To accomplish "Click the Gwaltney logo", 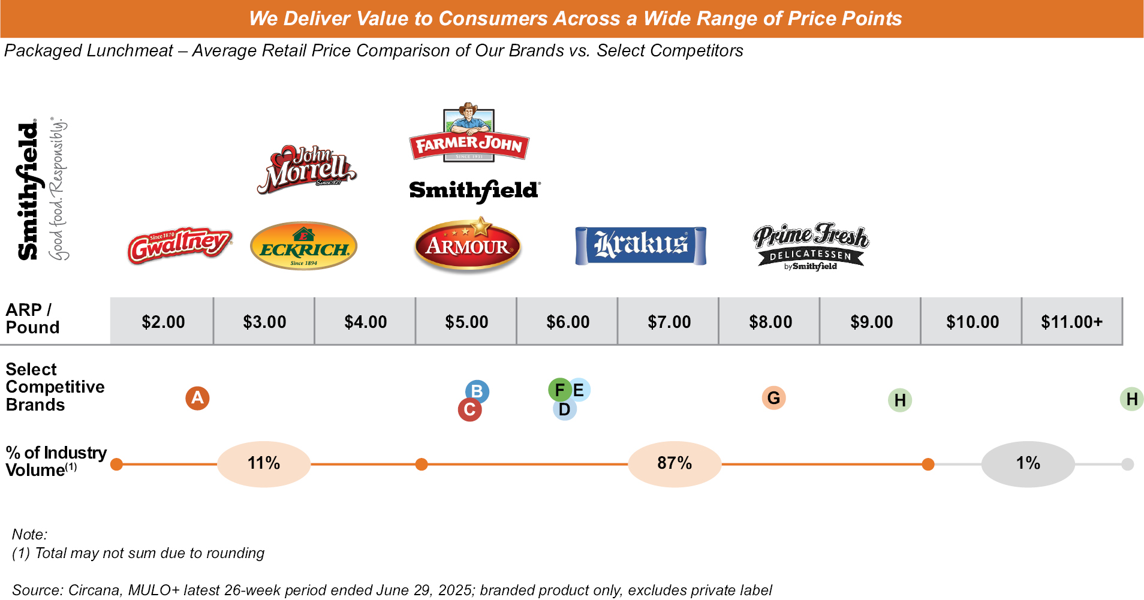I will click(179, 245).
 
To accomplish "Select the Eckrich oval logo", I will click(303, 246).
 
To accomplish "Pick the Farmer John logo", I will click(469, 134).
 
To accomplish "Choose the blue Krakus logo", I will click(640, 245).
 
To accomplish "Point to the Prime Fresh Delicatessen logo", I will click(811, 246).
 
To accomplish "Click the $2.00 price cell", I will click(162, 322).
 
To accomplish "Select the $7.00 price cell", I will click(669, 322).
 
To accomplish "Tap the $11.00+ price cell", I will click(1071, 322).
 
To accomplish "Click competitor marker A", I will click(197, 398).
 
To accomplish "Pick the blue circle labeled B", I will click(477, 391).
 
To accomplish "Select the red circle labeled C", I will click(469, 410).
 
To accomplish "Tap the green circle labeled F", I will click(559, 390).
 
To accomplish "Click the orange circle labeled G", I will click(773, 398).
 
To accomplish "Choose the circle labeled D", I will click(564, 410).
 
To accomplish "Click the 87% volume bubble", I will click(675, 463).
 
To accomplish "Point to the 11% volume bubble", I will click(264, 463).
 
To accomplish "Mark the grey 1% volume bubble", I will click(1028, 463).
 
